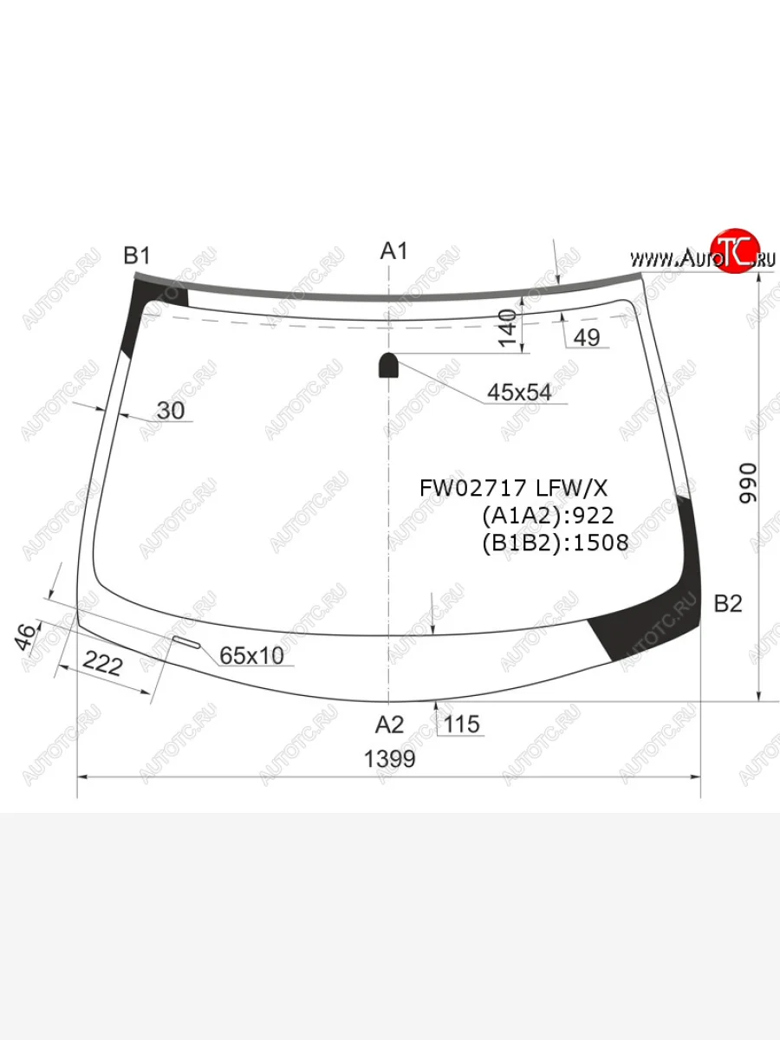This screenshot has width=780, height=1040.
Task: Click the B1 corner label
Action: pos(136,256)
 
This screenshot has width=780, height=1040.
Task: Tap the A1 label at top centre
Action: pos(393,251)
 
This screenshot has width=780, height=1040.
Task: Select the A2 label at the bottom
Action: pos(389,725)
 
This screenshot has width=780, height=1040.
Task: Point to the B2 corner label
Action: pos(727,603)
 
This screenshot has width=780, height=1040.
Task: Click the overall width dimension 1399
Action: pos(389,758)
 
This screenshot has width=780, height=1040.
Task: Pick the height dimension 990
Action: pos(748,484)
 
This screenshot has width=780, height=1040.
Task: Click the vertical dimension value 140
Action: pos(507,328)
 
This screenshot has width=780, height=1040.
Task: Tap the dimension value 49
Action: pos(587,337)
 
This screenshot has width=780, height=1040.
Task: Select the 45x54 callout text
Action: pos(519,393)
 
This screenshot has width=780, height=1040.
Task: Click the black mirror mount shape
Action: pos(388,365)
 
